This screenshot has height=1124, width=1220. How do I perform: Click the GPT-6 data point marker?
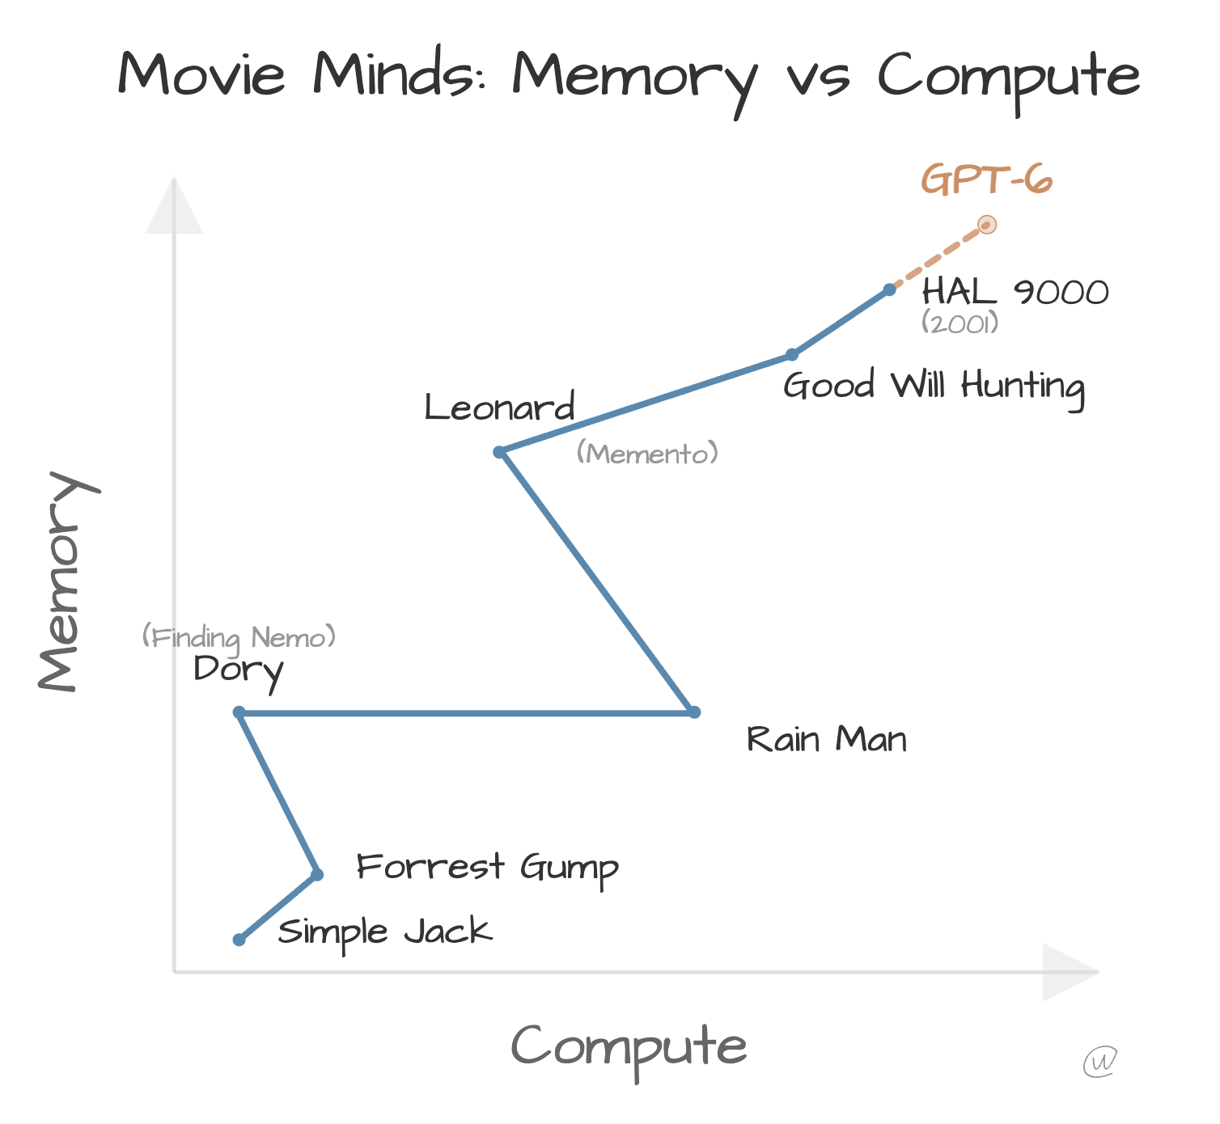point(986,225)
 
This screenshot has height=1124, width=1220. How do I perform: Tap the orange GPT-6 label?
point(987,180)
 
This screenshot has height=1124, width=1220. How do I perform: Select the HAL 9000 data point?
point(889,289)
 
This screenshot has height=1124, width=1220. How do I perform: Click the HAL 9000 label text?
point(1015,292)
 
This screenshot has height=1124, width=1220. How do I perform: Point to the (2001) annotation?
point(960,323)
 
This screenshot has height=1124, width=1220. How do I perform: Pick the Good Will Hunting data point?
point(792,354)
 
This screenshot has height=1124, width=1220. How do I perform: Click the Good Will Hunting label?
point(934,387)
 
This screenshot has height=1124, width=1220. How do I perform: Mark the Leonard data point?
point(500,452)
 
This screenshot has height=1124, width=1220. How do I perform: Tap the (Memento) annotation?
point(647,454)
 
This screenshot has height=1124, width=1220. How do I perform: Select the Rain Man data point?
point(694,712)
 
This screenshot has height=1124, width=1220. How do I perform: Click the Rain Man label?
point(826,740)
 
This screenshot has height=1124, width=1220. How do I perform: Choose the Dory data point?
point(239,712)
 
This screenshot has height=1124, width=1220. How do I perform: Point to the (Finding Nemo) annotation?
point(239,638)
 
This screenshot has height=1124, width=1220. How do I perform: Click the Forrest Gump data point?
point(317,874)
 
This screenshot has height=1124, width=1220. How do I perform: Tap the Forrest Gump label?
point(487,868)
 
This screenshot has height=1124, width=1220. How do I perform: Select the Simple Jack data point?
point(239,940)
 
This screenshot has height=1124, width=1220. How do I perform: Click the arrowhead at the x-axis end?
point(1070,972)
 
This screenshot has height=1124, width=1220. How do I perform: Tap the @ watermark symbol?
point(1100,1061)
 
